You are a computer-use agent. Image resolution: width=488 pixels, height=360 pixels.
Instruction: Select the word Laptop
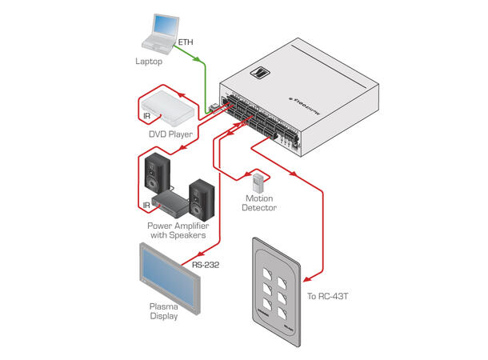click(x=150, y=61)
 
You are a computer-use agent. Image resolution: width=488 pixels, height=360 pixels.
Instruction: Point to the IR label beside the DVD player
click(x=146, y=117)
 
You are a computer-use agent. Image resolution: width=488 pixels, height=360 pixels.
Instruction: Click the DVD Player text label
click(x=170, y=134)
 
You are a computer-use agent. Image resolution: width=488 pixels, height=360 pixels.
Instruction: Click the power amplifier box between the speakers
click(x=171, y=201)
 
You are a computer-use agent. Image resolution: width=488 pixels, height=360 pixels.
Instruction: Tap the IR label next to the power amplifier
click(x=146, y=206)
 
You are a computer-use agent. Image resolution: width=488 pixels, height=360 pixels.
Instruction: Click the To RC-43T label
click(x=330, y=296)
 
